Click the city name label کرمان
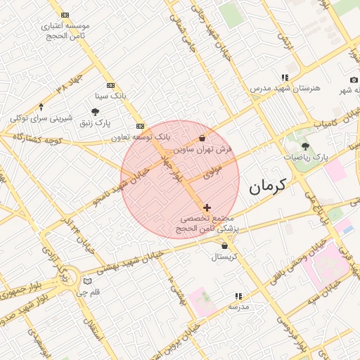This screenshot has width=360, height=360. [267, 186]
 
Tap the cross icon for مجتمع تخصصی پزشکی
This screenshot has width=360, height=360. [206, 207]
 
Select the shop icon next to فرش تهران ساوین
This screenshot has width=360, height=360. [202, 139]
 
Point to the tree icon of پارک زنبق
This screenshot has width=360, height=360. [95, 111]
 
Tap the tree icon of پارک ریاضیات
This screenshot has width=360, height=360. [305, 146]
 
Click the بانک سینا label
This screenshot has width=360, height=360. [110, 95]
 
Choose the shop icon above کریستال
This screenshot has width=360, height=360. [224, 246]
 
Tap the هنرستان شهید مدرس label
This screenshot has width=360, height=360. [285, 89]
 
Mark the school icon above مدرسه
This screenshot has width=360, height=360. [238, 297]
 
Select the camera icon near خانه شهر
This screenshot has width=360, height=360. [354, 79]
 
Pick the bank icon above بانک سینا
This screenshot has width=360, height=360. [110, 85]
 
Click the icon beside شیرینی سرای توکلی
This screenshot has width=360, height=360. [41, 107]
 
